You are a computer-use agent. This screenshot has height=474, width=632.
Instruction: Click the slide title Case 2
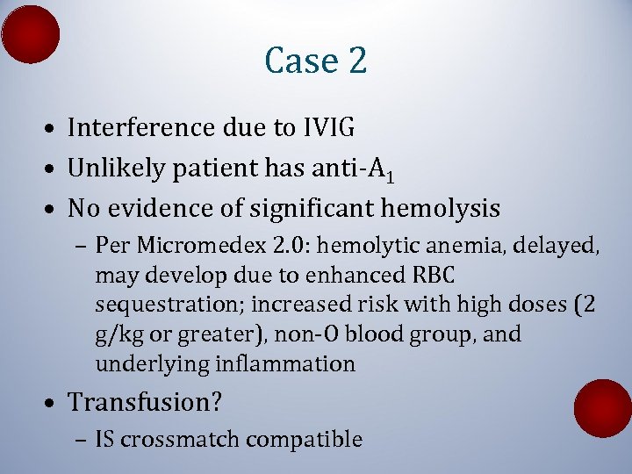click(x=315, y=61)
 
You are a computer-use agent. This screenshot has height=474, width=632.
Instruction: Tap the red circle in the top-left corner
click(x=31, y=33)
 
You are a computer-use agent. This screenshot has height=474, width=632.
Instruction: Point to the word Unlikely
click(x=113, y=169)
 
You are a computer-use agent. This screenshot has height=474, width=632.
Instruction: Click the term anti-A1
click(x=355, y=169)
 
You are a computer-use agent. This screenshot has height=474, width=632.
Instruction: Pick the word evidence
click(x=168, y=209)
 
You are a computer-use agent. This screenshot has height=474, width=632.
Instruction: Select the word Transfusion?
click(x=146, y=403)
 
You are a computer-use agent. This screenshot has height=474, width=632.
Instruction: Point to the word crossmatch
click(x=181, y=440)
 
